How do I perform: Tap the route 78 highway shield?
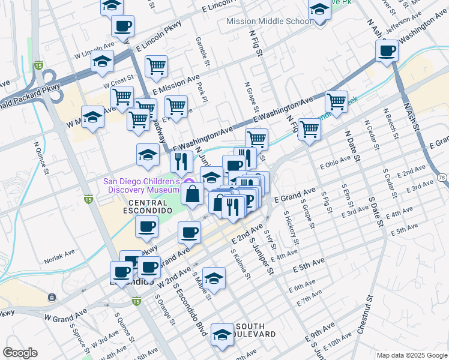[x=442, y=178]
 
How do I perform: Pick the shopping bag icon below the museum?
[x=192, y=194]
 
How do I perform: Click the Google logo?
[x=20, y=353]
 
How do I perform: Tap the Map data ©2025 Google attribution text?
[x=411, y=355]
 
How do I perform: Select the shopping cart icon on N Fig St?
[x=309, y=128]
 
